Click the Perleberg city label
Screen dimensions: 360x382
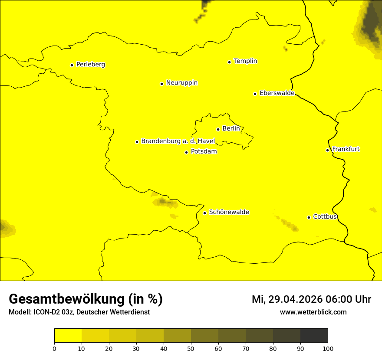tap(90, 65)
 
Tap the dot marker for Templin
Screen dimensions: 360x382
tap(229, 62)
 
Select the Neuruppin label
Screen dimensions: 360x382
tap(181, 83)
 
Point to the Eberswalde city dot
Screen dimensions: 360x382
tap(255, 94)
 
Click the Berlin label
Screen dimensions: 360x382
tap(231, 129)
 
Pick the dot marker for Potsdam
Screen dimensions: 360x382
tap(186, 152)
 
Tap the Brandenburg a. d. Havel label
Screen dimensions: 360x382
tap(178, 141)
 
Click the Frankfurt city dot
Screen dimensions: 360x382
tap(327, 150)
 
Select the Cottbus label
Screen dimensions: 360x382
tap(325, 217)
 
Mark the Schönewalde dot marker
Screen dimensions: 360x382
tap(204, 213)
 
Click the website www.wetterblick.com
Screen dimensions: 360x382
tap(313, 312)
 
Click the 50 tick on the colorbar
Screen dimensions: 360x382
tap(191, 348)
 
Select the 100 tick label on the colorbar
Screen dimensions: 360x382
tap(328, 348)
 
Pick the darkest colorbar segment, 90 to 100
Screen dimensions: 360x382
tap(314, 336)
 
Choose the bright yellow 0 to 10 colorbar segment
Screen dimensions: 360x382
tap(68, 336)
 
